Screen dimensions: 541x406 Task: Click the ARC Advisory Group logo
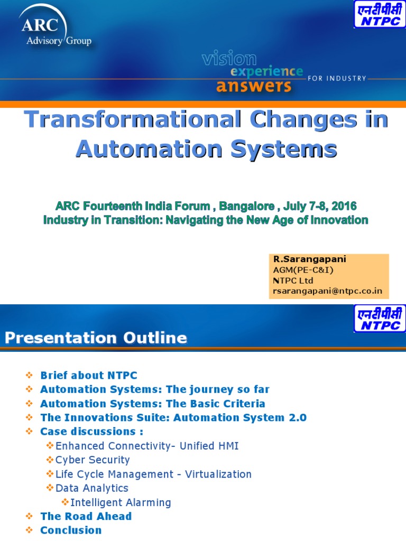[x=55, y=30]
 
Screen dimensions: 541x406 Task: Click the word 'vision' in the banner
[x=229, y=59]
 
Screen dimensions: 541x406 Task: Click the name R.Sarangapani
[x=302, y=259]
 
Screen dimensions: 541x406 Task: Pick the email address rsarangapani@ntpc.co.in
[x=328, y=291]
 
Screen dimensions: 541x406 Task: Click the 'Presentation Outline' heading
[x=96, y=338]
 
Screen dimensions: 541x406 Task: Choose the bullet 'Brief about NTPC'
[x=89, y=375]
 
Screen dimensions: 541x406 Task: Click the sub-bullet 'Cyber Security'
[x=93, y=460]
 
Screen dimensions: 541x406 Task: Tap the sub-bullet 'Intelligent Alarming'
[x=121, y=502]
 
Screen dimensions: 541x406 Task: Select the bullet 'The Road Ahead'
[x=86, y=516]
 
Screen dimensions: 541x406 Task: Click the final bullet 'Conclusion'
[x=71, y=530]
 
